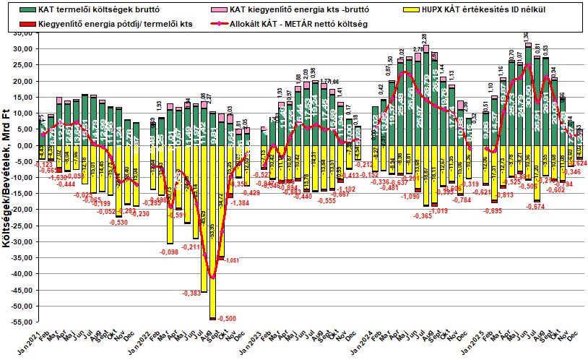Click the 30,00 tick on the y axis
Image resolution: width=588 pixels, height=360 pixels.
(x=25, y=48)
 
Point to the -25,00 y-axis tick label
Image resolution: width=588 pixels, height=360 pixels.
(x=24, y=226)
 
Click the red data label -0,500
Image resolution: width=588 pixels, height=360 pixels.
(x=226, y=319)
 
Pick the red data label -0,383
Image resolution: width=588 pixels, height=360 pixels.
(x=191, y=293)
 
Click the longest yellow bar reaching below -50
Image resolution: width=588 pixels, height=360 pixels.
(x=213, y=231)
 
